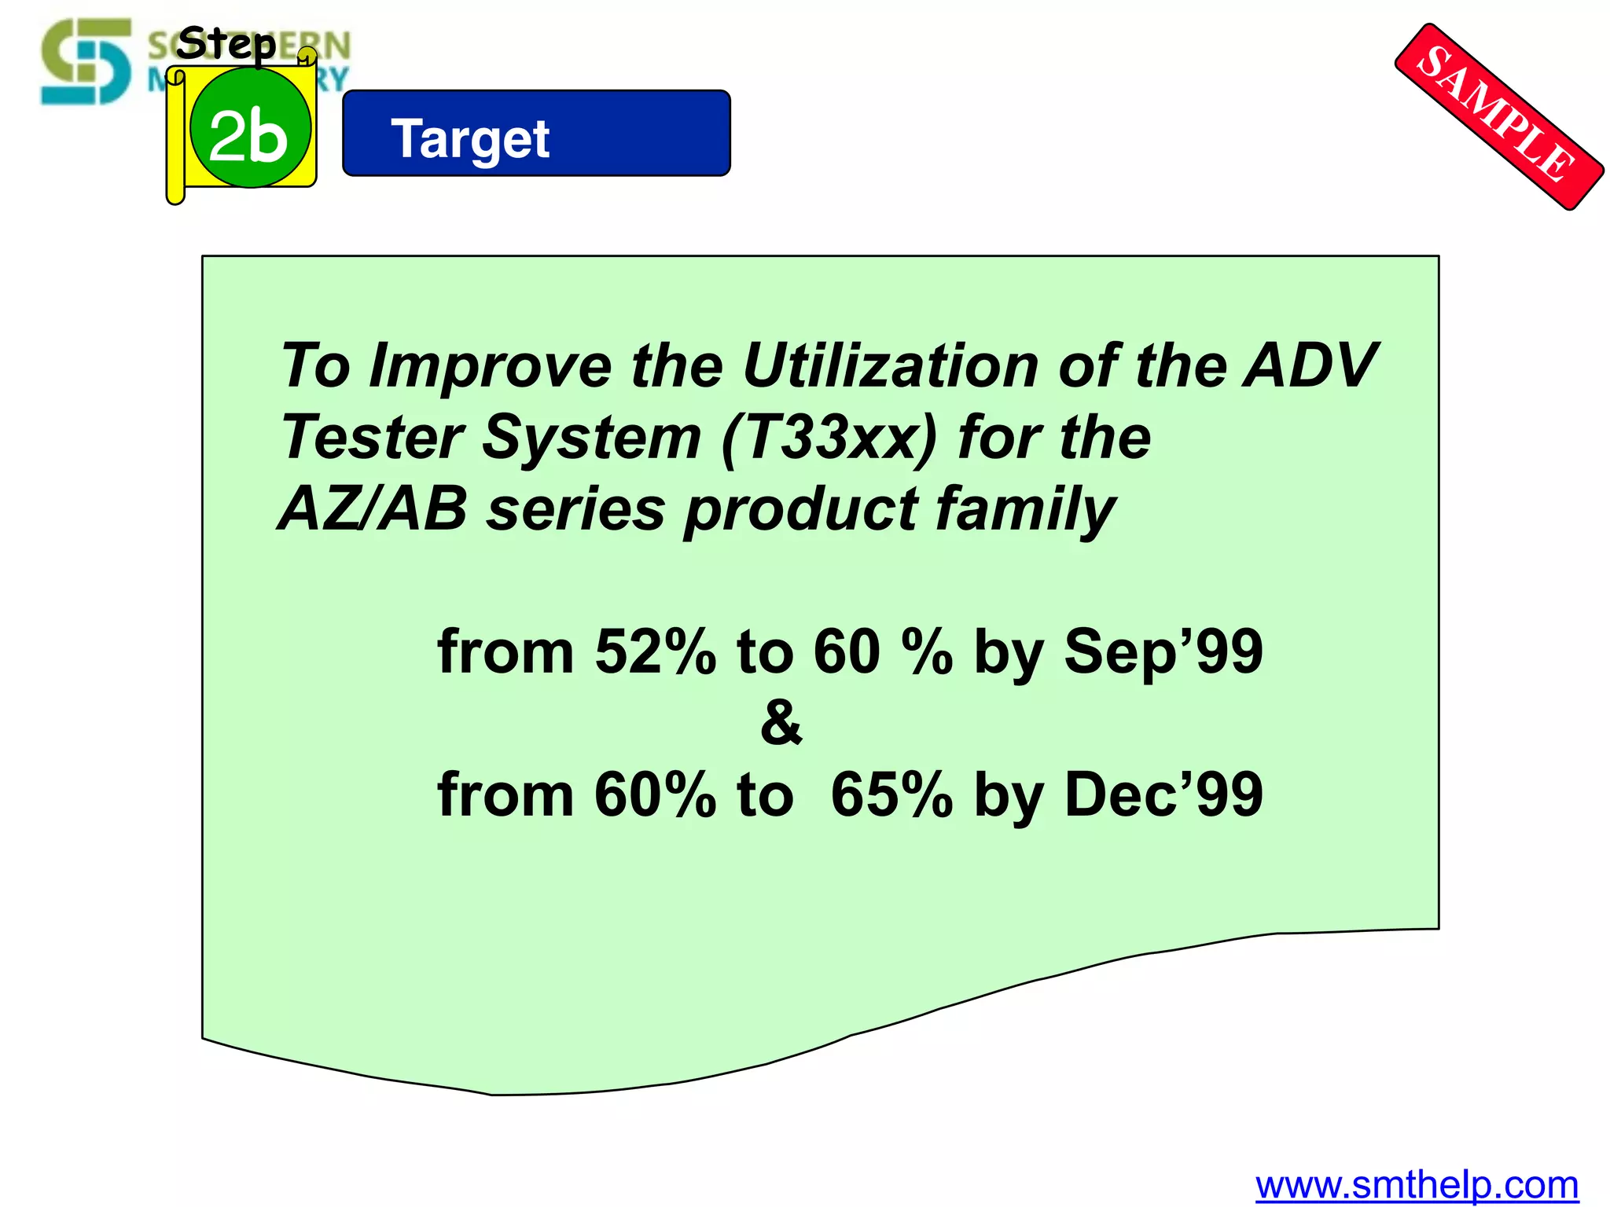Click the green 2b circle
click(x=250, y=128)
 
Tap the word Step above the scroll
click(x=226, y=43)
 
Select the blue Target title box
click(x=536, y=134)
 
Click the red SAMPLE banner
click(x=1498, y=116)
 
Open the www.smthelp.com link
click(x=1417, y=1184)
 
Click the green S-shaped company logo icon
click(x=86, y=61)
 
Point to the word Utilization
click(x=890, y=366)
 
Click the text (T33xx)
click(x=830, y=438)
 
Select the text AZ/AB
click(x=373, y=509)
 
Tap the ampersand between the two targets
click(x=781, y=723)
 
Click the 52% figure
click(x=656, y=651)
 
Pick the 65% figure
click(x=891, y=794)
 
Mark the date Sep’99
click(x=1163, y=651)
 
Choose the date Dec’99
click(x=1163, y=794)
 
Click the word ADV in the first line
click(x=1310, y=366)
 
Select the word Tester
click(x=373, y=438)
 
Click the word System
click(x=591, y=438)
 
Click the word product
click(x=800, y=509)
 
